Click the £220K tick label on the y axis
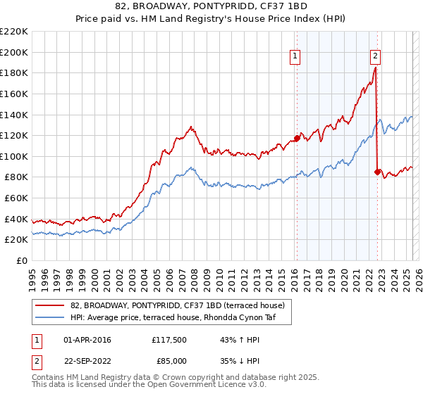click(14, 31)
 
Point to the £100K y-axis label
click(14, 156)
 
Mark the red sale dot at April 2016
click(297, 138)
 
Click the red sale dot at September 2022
click(377, 172)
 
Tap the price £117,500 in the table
click(169, 341)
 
